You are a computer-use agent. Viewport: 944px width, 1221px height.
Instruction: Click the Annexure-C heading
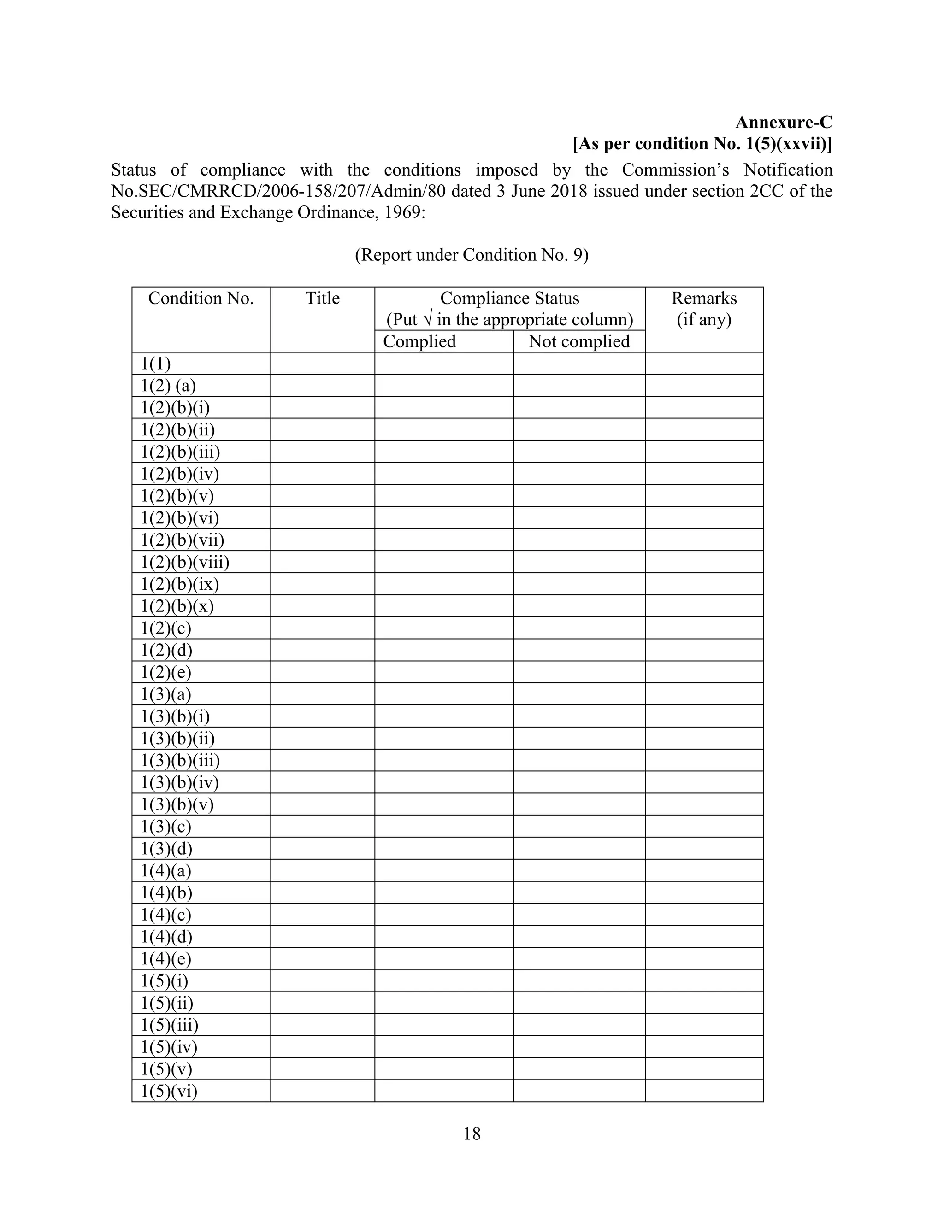tap(783, 123)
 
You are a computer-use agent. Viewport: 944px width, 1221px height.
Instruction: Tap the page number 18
tap(472, 1133)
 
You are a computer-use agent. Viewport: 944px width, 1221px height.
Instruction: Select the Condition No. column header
tap(201, 299)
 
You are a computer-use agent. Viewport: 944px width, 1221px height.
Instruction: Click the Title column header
tap(322, 299)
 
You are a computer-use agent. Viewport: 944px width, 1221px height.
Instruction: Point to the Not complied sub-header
tap(579, 341)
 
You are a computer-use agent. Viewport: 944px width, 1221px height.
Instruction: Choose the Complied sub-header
tap(419, 341)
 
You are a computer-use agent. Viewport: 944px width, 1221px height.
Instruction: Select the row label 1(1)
tap(155, 364)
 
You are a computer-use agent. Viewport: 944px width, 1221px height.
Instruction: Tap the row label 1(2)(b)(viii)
tap(184, 562)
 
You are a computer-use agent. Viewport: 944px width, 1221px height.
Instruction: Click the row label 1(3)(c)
tap(165, 826)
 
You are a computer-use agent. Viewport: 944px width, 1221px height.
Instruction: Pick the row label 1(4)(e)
tap(165, 959)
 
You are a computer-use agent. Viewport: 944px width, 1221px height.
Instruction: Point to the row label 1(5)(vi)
tap(169, 1091)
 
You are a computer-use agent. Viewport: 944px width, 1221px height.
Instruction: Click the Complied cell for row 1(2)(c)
tap(443, 628)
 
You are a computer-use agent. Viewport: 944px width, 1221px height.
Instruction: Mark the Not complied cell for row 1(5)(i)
tap(579, 980)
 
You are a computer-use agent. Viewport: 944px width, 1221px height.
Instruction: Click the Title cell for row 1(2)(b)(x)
tap(322, 606)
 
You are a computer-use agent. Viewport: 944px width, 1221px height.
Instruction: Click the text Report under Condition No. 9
tap(472, 255)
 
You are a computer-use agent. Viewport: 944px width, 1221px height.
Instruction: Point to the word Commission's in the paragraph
tap(676, 170)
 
